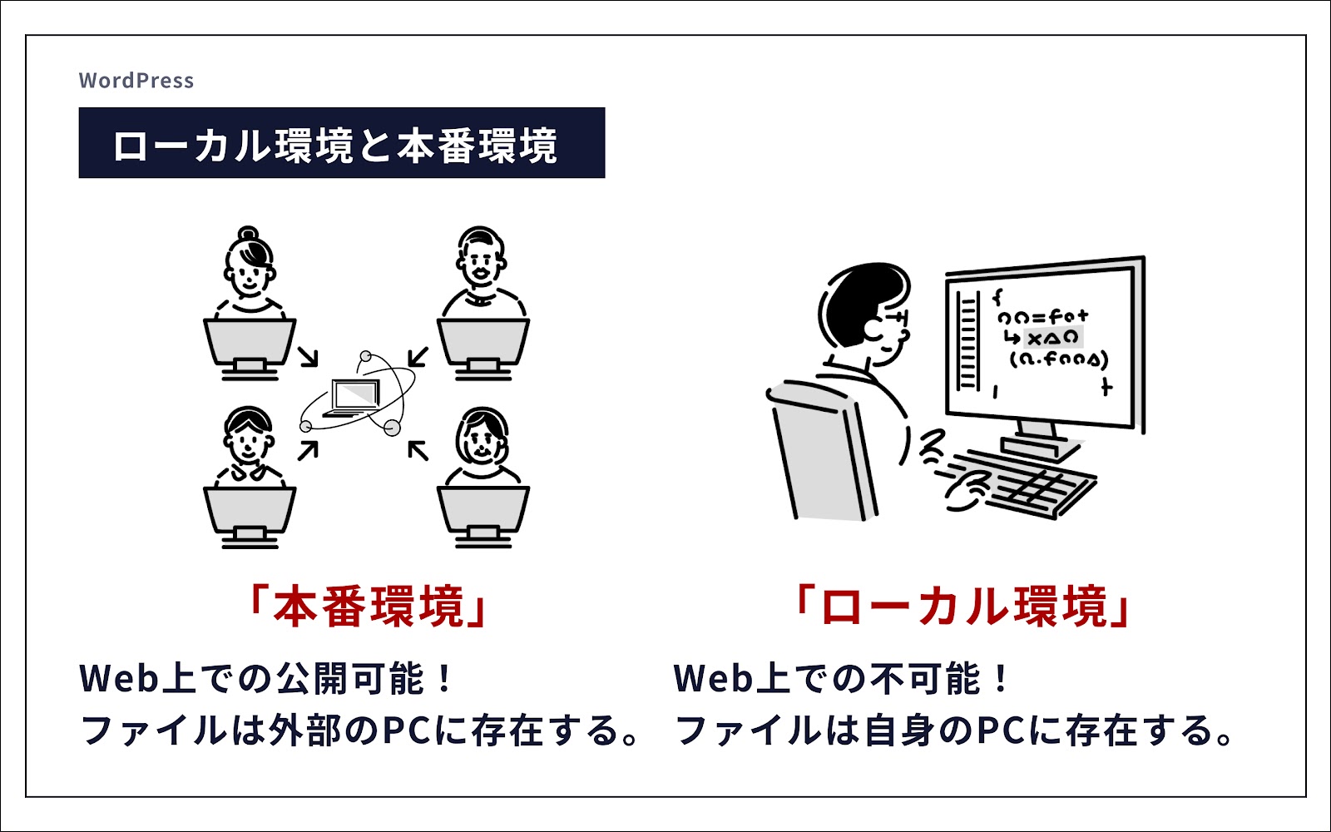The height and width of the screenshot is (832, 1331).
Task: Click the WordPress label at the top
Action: click(x=136, y=81)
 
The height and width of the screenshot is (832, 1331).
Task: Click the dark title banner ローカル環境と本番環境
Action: click(x=342, y=142)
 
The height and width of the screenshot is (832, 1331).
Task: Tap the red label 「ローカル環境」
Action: click(x=962, y=607)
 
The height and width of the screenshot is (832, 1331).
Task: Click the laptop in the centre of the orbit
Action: click(x=354, y=397)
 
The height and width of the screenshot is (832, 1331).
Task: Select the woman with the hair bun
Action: click(x=250, y=270)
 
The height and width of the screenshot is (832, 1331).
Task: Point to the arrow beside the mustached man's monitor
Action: click(x=418, y=357)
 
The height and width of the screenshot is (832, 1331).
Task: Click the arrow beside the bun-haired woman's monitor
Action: click(x=308, y=357)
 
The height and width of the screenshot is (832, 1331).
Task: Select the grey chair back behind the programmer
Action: click(x=823, y=452)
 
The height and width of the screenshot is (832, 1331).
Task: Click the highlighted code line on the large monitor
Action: click(x=1052, y=338)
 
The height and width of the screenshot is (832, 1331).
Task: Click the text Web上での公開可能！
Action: click(x=266, y=679)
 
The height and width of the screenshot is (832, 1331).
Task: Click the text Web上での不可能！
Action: click(x=841, y=679)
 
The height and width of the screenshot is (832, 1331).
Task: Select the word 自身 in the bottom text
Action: click(x=901, y=730)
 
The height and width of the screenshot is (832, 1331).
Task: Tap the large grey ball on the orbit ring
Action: click(x=392, y=428)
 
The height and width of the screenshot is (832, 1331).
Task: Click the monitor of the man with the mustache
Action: click(x=483, y=349)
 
